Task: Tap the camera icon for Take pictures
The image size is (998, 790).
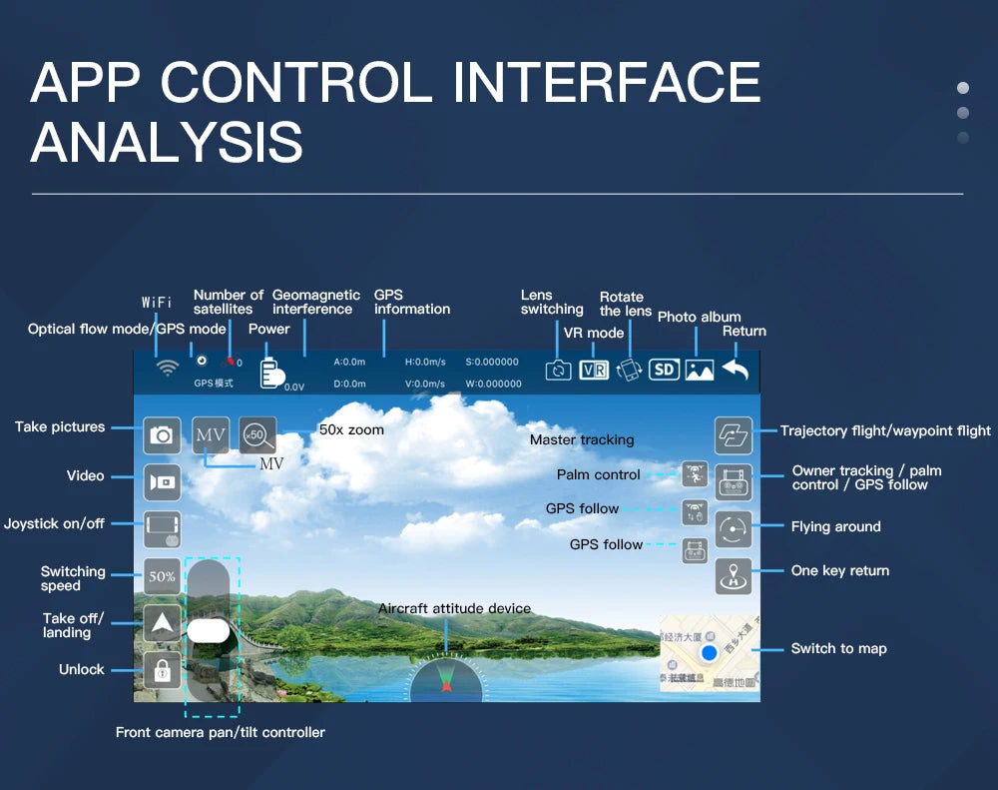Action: tap(162, 435)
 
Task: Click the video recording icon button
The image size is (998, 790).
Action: tap(162, 482)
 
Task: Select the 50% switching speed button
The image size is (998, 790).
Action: tap(162, 576)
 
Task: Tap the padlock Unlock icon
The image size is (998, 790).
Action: tap(162, 670)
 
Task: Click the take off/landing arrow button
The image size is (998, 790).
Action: tap(162, 623)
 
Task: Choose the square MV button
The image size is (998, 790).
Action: tap(211, 435)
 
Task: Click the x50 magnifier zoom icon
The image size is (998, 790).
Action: tap(257, 435)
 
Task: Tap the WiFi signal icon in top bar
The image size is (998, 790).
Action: tap(168, 369)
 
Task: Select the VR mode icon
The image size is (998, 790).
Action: tap(594, 370)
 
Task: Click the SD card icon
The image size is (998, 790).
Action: tap(664, 370)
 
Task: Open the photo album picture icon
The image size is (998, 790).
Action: tap(700, 370)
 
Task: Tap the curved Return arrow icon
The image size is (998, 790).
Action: tap(736, 370)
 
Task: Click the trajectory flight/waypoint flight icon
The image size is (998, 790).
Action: tap(734, 435)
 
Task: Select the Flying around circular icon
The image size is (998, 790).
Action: tap(734, 529)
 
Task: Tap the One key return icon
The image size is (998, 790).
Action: tap(734, 576)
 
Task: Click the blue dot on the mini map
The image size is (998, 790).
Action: tap(709, 653)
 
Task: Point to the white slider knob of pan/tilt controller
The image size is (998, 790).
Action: tap(209, 630)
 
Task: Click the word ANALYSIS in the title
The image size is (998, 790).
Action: tap(167, 141)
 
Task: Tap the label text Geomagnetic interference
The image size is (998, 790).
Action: tap(316, 302)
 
